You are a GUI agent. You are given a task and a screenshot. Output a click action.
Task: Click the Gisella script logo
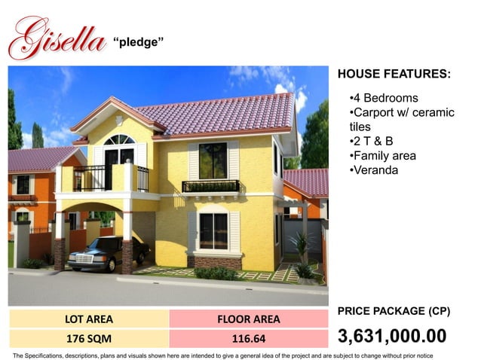(56, 38)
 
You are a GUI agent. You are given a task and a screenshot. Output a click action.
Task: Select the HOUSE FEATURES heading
(394, 75)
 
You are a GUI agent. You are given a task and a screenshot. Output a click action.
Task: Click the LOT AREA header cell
(89, 319)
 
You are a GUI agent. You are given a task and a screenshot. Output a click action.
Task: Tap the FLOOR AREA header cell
(248, 319)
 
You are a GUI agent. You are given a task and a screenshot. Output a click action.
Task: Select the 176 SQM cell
(89, 338)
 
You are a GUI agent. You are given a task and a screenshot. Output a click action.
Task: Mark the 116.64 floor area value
(248, 338)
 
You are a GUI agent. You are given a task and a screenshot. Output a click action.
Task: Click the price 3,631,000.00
(392, 336)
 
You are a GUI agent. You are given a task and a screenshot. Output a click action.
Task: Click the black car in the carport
(102, 254)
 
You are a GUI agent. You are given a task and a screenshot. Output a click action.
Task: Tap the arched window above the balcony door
(119, 140)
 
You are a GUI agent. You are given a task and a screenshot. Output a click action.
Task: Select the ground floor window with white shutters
(213, 230)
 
